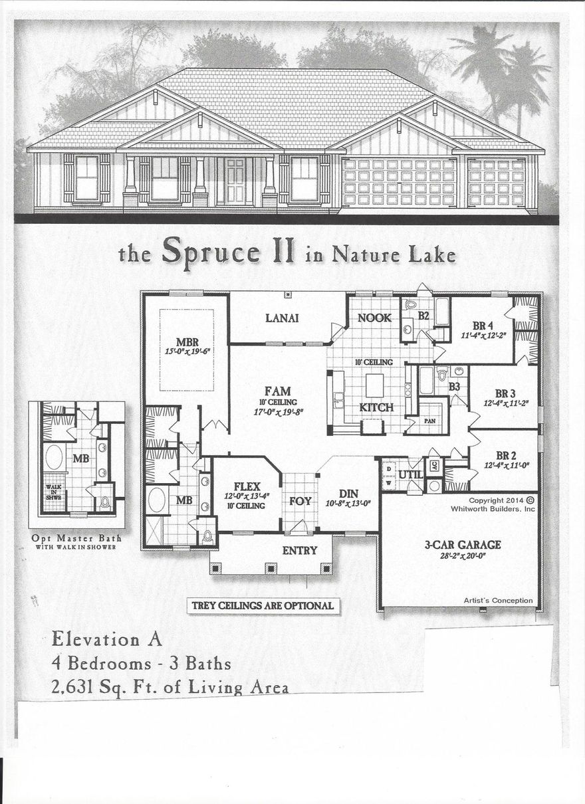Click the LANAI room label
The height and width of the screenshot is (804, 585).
point(282,318)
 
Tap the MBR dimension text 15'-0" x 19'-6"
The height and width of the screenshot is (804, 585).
point(187,352)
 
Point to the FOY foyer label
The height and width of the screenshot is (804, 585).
point(300,500)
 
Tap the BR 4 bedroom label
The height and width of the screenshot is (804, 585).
point(483,326)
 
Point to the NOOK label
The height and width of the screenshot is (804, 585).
point(374,318)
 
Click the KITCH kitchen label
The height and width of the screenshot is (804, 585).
point(376,407)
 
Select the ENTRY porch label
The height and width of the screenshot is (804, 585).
point(300,550)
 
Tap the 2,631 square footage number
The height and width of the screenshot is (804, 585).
point(78,687)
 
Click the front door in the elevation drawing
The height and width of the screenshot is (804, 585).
point(235,180)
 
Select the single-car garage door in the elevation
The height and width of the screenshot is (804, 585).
point(496,182)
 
